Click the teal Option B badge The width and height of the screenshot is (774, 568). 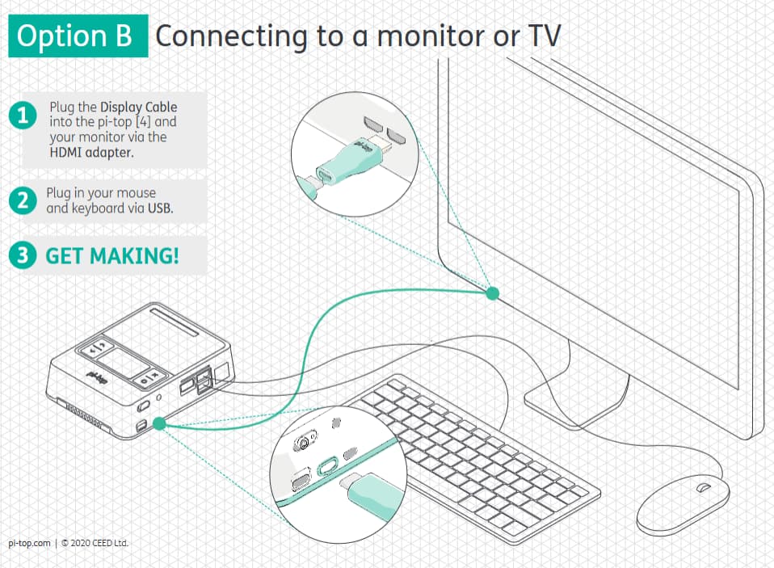point(78,37)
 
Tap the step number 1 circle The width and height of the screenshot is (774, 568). point(23,116)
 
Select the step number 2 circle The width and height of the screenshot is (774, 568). point(23,201)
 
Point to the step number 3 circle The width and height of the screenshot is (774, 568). point(23,255)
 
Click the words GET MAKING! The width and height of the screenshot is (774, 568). point(112,256)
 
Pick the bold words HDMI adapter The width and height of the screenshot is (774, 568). point(91,152)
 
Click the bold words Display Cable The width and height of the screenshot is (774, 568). point(138,107)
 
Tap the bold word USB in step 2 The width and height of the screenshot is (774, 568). point(160,208)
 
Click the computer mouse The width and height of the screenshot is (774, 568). point(683,503)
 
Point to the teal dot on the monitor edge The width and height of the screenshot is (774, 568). point(492,294)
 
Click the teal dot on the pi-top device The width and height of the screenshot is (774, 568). point(159,423)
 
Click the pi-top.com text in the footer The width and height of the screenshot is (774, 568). point(30,543)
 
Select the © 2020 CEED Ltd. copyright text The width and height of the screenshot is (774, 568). point(95,543)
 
